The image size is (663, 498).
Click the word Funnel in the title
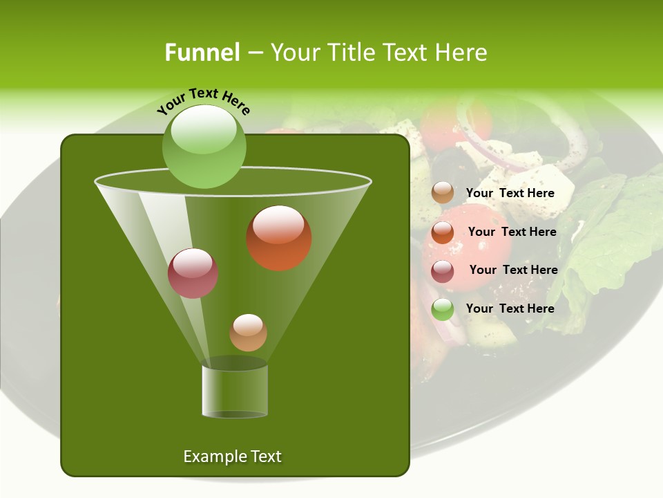click(x=202, y=53)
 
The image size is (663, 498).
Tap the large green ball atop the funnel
click(x=204, y=147)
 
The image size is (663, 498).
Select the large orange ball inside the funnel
click(x=279, y=238)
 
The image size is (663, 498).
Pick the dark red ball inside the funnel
click(x=193, y=273)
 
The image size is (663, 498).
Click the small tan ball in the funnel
click(x=248, y=333)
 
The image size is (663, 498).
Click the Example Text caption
click(x=232, y=456)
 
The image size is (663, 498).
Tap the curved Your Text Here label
click(x=204, y=102)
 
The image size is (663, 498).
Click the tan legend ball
click(x=443, y=193)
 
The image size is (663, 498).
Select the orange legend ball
click(x=443, y=232)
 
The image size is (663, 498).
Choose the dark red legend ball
click(x=443, y=271)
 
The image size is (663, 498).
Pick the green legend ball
click(x=443, y=310)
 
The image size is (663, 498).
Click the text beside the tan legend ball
click(x=510, y=194)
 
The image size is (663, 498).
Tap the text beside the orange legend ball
click(x=512, y=232)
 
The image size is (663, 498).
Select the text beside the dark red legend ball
click(x=513, y=270)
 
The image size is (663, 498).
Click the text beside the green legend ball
click(x=510, y=308)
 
